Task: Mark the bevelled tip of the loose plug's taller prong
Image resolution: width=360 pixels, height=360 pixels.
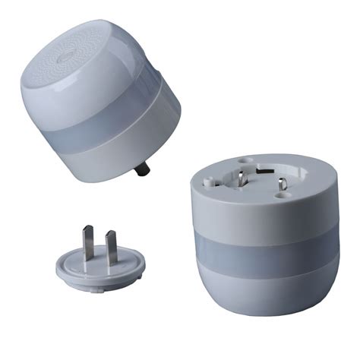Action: [89, 229]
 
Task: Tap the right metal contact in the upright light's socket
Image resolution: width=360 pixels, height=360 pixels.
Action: [281, 186]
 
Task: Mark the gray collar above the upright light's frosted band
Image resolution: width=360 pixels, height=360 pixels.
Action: [258, 216]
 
